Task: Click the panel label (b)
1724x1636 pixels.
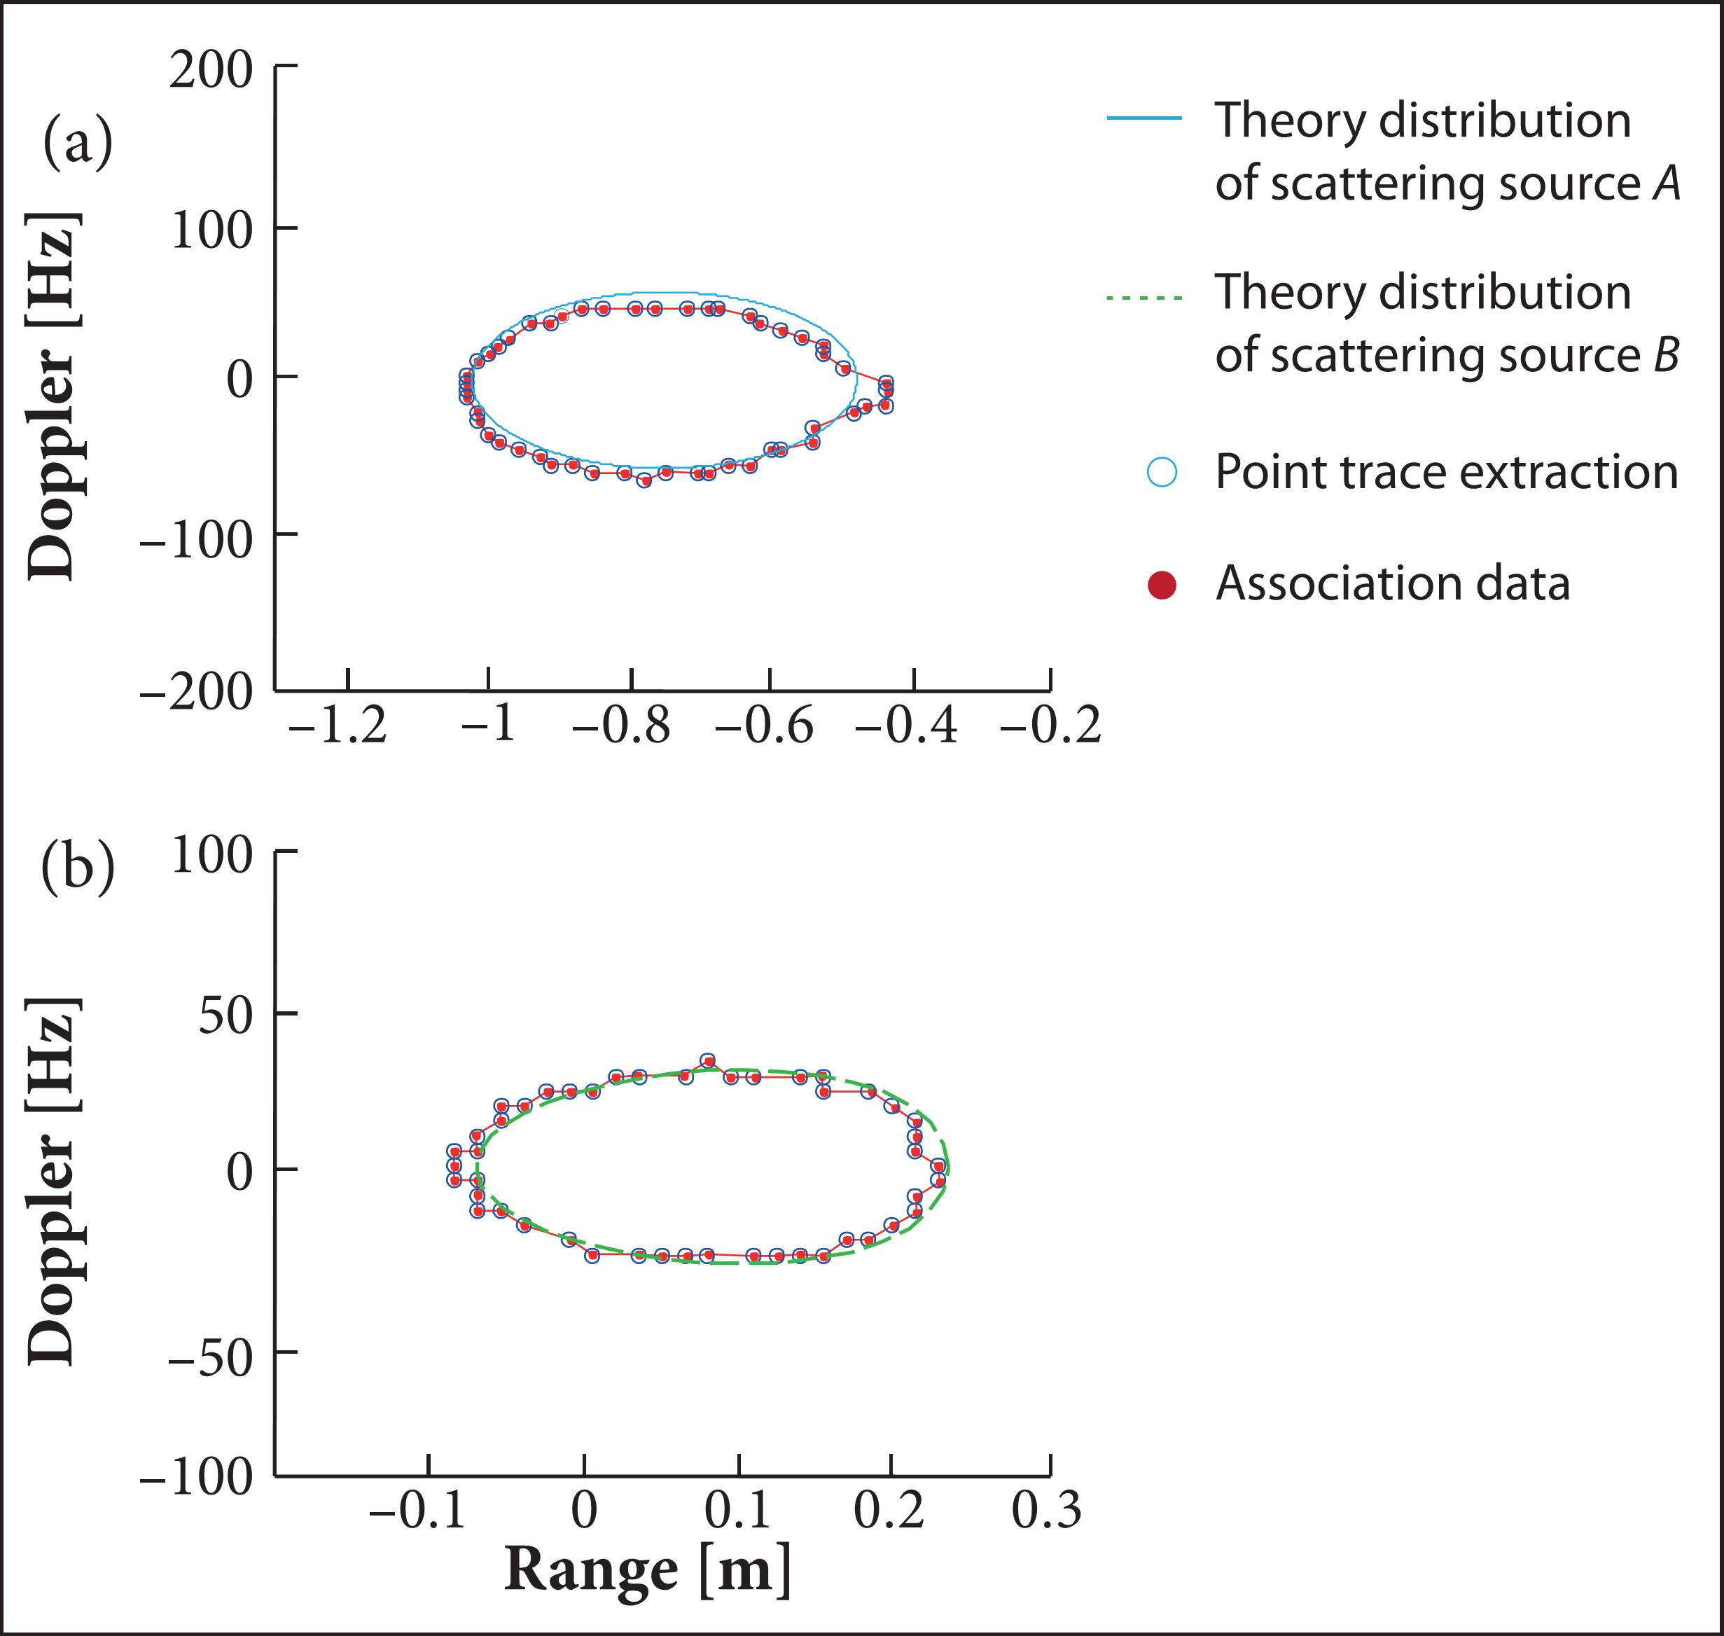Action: [78, 868]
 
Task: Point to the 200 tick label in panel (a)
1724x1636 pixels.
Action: [211, 70]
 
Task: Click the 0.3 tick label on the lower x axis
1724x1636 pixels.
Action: [1046, 1511]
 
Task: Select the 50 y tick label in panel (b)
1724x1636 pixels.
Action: [225, 1014]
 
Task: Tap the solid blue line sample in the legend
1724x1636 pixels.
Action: [1144, 118]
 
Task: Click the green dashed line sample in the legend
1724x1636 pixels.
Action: [1144, 298]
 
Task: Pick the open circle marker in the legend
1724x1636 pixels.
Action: [1162, 472]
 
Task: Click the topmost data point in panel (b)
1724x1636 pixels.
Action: [708, 1060]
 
